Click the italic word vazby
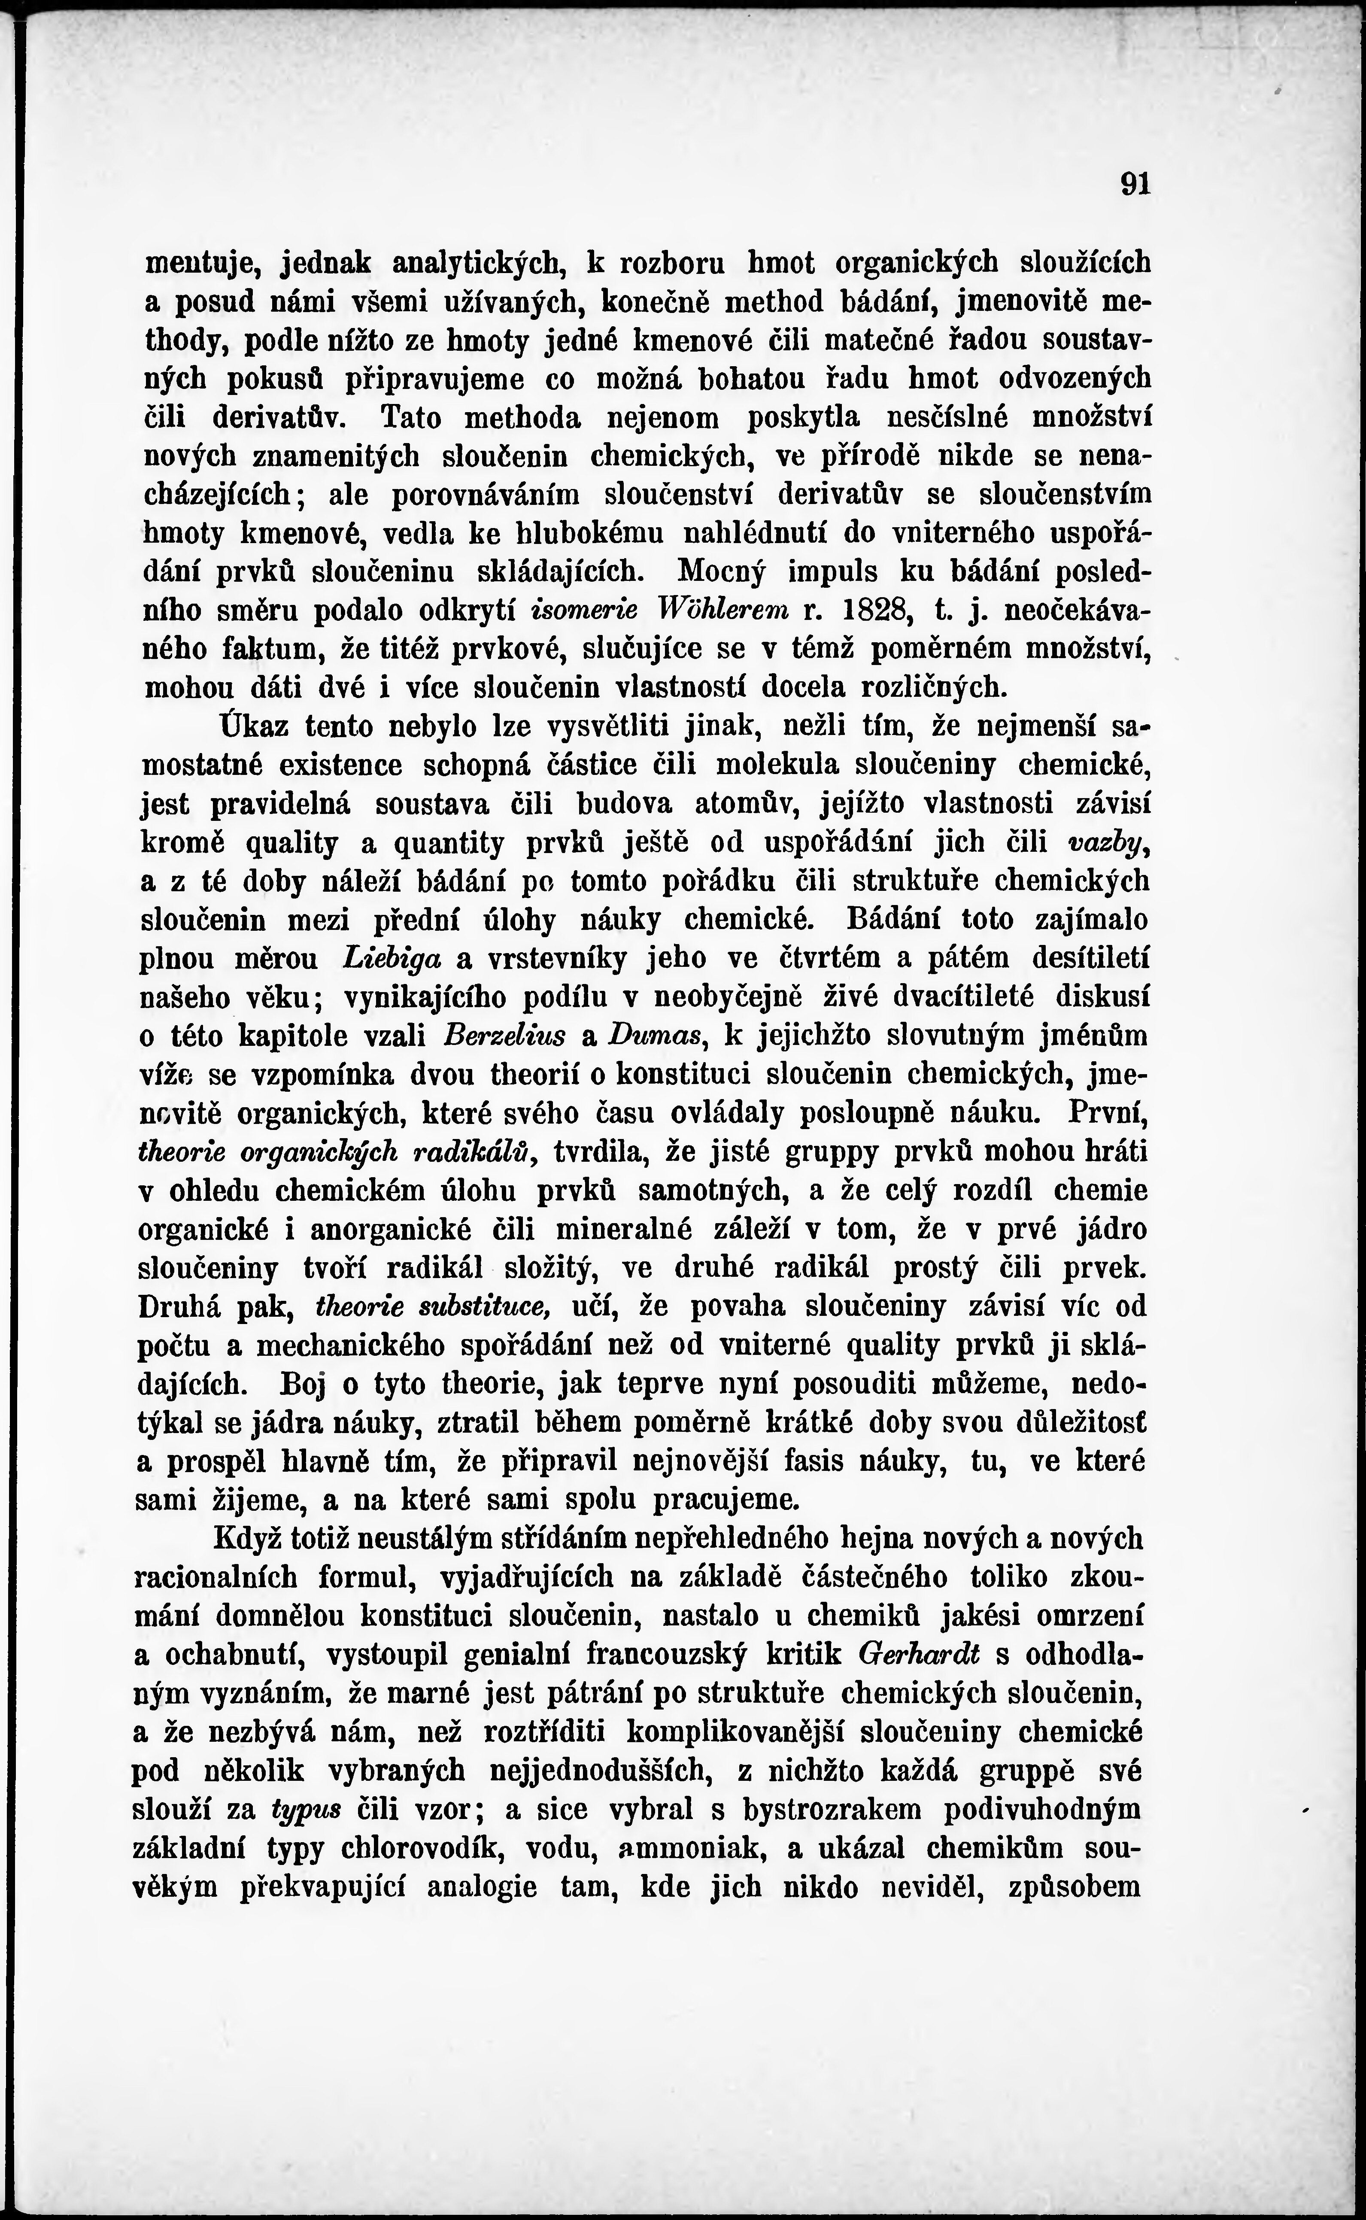tap(1106, 842)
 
